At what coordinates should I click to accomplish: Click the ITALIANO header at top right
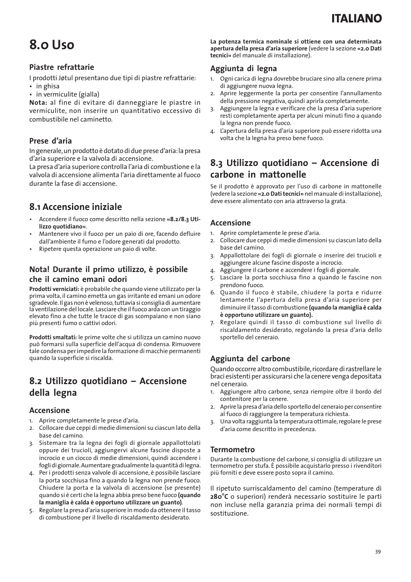coord(357,18)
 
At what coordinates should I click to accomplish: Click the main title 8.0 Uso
coord(52,44)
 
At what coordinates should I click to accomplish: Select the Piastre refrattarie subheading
coord(62,67)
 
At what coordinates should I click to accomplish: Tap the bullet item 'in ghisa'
coord(47,86)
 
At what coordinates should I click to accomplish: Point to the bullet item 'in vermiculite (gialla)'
coord(67,94)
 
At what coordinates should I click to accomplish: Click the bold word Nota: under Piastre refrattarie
coord(38,103)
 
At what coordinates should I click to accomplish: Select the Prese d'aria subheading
coord(50,141)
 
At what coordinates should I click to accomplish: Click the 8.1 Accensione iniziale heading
coord(75,207)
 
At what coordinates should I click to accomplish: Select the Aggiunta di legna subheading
coord(243,69)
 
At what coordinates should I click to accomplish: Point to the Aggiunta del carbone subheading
coord(250,359)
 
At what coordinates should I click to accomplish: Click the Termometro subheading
coord(232,450)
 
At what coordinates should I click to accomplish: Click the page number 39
coord(378,552)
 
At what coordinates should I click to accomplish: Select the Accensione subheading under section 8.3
coord(230,223)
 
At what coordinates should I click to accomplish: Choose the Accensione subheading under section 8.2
coord(49,410)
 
